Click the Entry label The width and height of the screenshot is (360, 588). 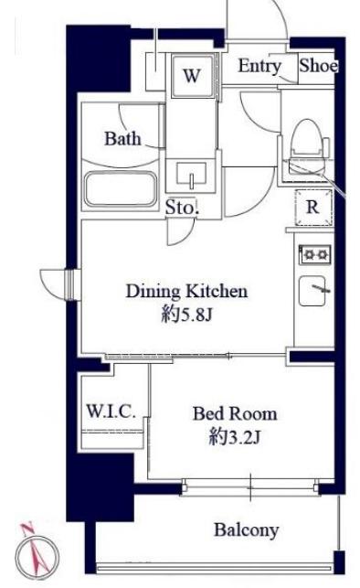pyautogui.click(x=259, y=67)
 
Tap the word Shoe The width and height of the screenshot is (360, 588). pyautogui.click(x=318, y=66)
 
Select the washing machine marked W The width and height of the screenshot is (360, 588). pyautogui.click(x=193, y=76)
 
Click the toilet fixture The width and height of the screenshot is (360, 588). pyautogui.click(x=307, y=146)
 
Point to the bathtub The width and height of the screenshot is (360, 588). pyautogui.click(x=121, y=189)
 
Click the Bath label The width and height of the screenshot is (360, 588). pyautogui.click(x=122, y=139)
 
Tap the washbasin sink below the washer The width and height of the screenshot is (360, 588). pyautogui.click(x=191, y=174)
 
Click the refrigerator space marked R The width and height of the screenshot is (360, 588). pyautogui.click(x=313, y=207)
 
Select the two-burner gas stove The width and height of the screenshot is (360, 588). pyautogui.click(x=314, y=255)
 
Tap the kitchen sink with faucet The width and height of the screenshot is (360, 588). pyautogui.click(x=312, y=290)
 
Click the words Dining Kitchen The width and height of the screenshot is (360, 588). pyautogui.click(x=186, y=292)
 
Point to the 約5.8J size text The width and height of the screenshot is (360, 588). pyautogui.click(x=186, y=315)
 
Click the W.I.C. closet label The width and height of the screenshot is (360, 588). pyautogui.click(x=111, y=412)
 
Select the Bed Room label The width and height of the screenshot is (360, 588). pyautogui.click(x=235, y=413)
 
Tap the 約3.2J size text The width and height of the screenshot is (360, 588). pyautogui.click(x=235, y=437)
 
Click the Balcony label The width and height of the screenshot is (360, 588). pyautogui.click(x=246, y=530)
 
